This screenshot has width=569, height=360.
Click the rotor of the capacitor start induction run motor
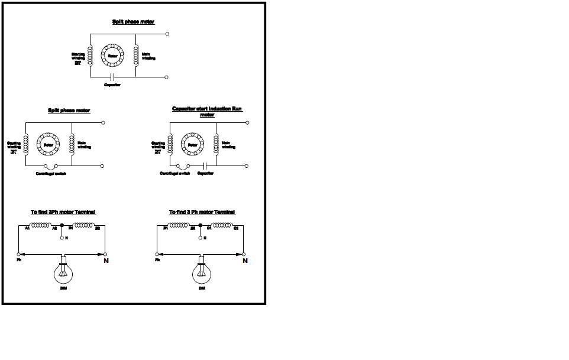click(192, 144)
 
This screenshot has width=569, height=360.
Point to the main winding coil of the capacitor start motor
click(217, 144)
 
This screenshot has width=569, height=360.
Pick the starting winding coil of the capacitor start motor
click(170, 144)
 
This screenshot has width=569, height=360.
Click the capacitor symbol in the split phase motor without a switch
click(113, 77)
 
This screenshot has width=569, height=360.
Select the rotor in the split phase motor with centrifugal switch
click(49, 144)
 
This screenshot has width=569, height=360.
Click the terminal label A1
click(27, 228)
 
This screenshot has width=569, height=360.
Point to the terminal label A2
click(54, 228)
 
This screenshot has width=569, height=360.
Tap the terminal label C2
click(235, 228)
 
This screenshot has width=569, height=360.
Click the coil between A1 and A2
click(41, 225)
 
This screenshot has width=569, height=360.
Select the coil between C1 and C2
click(223, 225)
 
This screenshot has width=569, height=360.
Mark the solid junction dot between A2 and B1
click(62, 225)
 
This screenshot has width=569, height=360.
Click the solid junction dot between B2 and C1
click(201, 225)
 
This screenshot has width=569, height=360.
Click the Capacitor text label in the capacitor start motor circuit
click(205, 173)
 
